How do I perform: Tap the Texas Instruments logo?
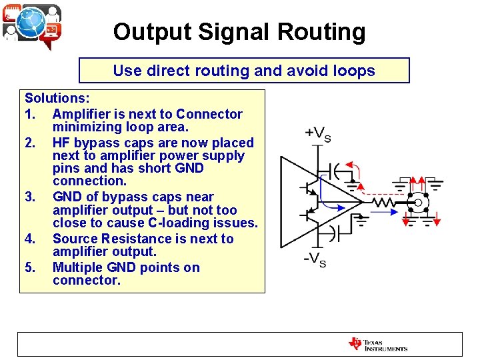(377, 344)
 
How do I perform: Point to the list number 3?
(29, 197)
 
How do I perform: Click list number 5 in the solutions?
(29, 267)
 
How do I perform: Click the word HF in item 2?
(62, 143)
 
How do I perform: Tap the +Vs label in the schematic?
(318, 134)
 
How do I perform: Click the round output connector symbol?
(418, 202)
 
